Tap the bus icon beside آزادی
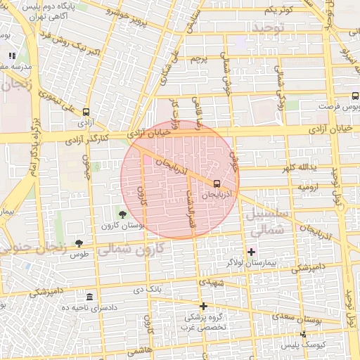point(86,112)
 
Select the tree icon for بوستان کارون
point(123,214)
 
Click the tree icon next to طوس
point(78,243)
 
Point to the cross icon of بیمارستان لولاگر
point(251,251)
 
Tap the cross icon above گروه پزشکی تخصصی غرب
point(203,306)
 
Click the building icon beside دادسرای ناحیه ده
point(89,297)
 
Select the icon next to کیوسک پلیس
point(303,335)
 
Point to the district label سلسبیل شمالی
point(266,221)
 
